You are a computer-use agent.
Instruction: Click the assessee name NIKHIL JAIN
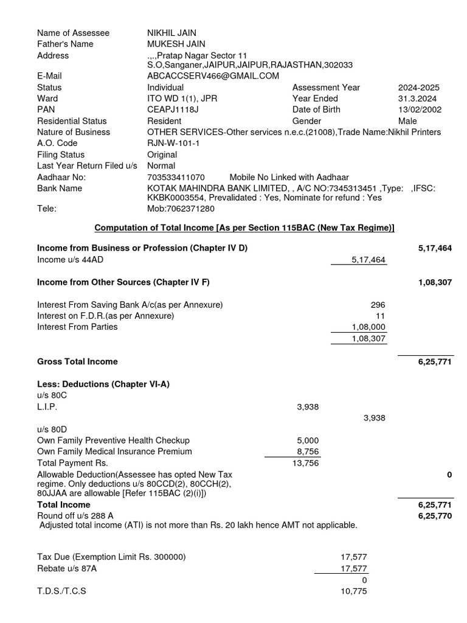tap(171, 33)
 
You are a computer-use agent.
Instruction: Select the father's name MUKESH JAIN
tap(176, 44)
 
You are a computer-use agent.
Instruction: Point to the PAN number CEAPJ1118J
tap(173, 110)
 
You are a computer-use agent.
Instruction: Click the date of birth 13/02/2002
tap(420, 110)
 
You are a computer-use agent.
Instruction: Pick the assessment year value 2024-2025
tap(418, 88)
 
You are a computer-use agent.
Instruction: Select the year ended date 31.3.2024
tap(417, 99)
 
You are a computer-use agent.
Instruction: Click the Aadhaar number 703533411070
tap(176, 177)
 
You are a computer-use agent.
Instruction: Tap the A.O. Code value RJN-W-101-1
tap(173, 143)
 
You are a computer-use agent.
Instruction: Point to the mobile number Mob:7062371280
tap(181, 209)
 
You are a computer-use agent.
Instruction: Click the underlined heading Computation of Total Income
tap(244, 228)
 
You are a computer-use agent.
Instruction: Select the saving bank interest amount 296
tap(378, 305)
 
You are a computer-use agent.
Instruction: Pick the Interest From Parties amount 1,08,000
tap(368, 327)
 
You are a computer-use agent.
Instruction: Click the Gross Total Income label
tap(77, 361)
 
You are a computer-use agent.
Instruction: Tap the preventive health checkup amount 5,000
tap(307, 440)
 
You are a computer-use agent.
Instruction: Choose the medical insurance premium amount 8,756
tap(307, 451)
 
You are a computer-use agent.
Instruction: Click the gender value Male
tap(407, 121)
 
